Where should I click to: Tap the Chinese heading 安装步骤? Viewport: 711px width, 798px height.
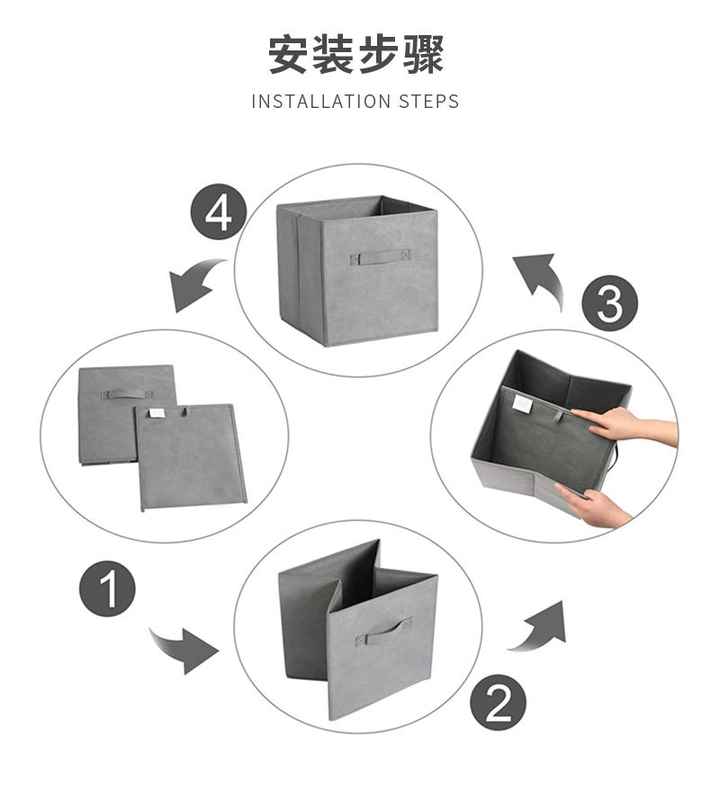(x=355, y=56)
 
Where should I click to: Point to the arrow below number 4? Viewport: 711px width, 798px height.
(x=197, y=282)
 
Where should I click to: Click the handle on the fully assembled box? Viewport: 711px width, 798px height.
(x=379, y=257)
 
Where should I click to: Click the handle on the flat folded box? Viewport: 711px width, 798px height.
(x=126, y=394)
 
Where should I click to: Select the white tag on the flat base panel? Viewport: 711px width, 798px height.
(x=154, y=412)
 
